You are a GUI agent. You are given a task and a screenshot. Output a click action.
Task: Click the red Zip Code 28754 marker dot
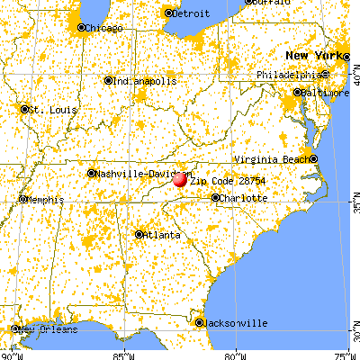coord(179,179)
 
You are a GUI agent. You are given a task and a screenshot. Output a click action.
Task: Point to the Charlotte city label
coord(243,197)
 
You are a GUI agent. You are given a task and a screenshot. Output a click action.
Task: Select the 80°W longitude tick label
coord(235,355)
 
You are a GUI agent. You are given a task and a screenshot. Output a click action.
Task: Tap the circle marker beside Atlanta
coord(139,235)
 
